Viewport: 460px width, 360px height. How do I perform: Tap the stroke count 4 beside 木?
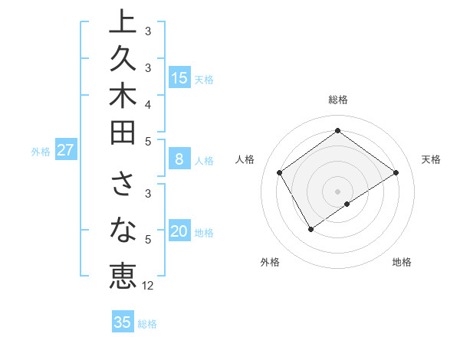[x=147, y=104]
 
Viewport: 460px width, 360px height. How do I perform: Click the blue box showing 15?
[x=179, y=77]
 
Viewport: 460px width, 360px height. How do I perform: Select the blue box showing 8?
[x=179, y=159]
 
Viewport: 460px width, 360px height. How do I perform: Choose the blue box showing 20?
[x=179, y=231]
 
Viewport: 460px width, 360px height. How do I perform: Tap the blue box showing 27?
[x=65, y=150]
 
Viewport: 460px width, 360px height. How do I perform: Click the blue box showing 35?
[x=122, y=322]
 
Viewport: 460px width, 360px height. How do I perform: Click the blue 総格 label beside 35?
[x=147, y=324]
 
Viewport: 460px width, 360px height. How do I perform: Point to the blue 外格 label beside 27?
[x=41, y=152]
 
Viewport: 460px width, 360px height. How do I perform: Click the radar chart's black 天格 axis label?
[x=431, y=159]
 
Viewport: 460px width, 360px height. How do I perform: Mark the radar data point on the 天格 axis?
[x=396, y=172]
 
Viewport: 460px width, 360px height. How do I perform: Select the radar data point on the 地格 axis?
[x=347, y=204]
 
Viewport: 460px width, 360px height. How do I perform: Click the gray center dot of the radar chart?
[x=337, y=191]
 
